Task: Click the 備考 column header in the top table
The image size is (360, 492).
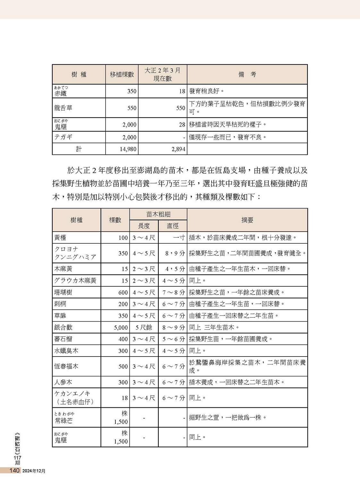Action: tap(247, 75)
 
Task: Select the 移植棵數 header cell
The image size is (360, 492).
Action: tap(122, 75)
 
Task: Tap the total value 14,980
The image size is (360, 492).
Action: tap(128, 149)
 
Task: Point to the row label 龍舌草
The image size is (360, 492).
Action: tap(63, 108)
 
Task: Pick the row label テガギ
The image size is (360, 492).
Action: tap(63, 137)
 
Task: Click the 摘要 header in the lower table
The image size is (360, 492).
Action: tap(247, 220)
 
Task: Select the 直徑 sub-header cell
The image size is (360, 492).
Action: tap(172, 226)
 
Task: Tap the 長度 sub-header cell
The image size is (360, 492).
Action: tap(144, 226)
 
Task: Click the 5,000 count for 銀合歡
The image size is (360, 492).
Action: tap(121, 328)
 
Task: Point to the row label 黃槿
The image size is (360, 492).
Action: tap(60, 238)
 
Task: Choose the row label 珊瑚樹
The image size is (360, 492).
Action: tap(63, 292)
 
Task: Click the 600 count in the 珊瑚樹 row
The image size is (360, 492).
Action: tap(123, 292)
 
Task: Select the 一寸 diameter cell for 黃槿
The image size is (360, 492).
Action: tap(179, 238)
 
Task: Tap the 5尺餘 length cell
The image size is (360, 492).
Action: tap(144, 328)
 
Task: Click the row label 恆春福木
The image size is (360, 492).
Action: tap(66, 366)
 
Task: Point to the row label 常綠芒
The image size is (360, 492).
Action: tap(64, 420)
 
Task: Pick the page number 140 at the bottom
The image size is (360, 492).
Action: tap(15, 471)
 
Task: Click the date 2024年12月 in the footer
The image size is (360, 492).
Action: tap(34, 471)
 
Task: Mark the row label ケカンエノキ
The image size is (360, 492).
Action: tap(72, 394)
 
